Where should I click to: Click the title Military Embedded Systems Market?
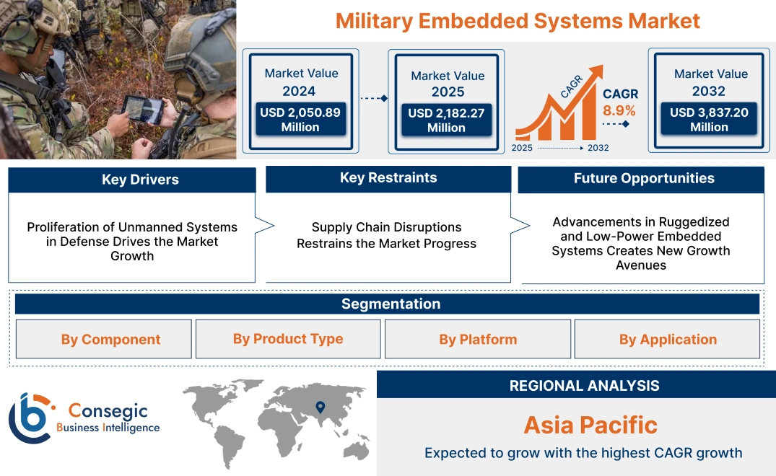pos(518,20)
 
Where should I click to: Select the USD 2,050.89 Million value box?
pos(300,120)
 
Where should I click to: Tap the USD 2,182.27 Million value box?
pos(446,120)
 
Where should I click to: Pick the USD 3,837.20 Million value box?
pos(709,120)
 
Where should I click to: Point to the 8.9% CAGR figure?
pos(619,110)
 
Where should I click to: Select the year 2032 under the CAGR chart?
pos(598,148)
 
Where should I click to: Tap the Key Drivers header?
pos(132,180)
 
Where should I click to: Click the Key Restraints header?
pos(388,178)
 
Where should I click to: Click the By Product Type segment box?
pos(288,339)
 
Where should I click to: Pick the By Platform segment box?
pos(478,340)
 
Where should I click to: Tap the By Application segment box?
pos(668,340)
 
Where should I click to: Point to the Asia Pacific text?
pos(590,425)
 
